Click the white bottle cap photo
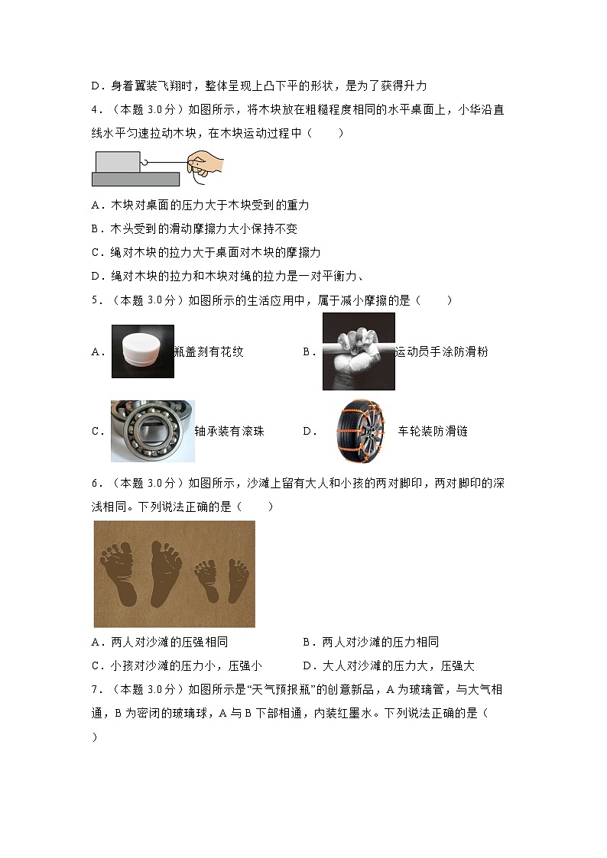tap(142, 351)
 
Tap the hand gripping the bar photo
tap(359, 351)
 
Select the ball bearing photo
tap(152, 431)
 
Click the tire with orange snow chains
tap(364, 432)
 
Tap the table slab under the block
tap(135, 179)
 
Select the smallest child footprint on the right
tap(238, 578)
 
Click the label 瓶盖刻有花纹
tap(209, 352)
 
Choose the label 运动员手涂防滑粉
tap(441, 352)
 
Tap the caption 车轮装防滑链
tap(433, 432)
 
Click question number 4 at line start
tap(94, 109)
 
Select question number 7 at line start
tap(94, 690)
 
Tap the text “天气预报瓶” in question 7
tap(291, 690)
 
